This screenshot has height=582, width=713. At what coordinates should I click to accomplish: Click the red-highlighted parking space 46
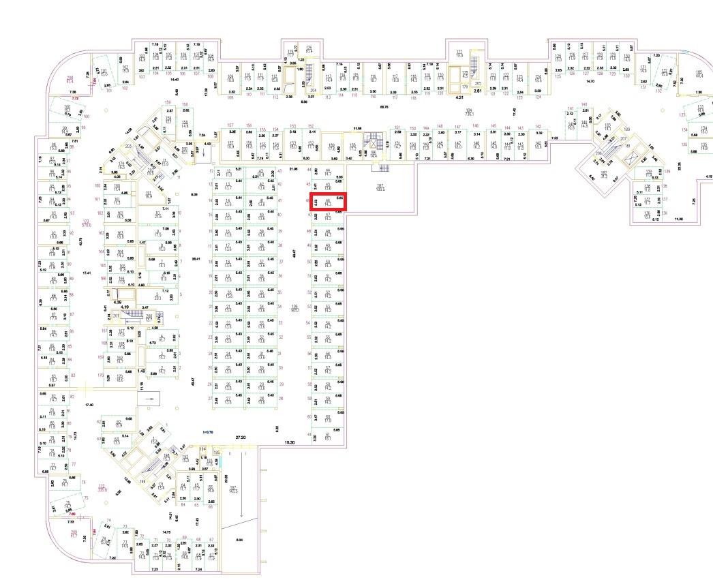329,201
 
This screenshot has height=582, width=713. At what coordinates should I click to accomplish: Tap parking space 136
646,215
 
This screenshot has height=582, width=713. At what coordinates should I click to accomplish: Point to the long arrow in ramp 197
241,497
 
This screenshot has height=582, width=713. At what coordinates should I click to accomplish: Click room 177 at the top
459,54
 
